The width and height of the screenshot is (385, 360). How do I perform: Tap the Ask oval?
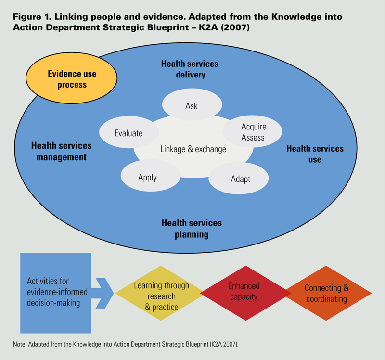tap(192, 106)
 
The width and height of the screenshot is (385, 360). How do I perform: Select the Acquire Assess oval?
tap(253, 132)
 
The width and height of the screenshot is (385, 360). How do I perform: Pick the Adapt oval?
tap(240, 179)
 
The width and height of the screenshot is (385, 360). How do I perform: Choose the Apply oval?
tap(147, 177)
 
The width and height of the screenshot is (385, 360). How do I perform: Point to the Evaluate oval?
tap(128, 133)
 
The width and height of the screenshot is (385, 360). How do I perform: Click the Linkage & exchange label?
tap(193, 149)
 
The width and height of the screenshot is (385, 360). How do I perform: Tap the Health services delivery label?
tap(190, 69)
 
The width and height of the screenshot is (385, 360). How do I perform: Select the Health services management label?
tap(61, 151)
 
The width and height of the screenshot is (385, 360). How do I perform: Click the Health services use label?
tap(315, 154)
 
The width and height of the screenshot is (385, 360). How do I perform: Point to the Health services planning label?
tap(192, 229)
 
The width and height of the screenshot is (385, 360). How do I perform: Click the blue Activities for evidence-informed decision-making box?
tap(56, 293)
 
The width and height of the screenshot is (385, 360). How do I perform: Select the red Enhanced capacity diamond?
tap(244, 292)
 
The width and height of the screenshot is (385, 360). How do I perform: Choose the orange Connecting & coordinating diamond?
tap(326, 293)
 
